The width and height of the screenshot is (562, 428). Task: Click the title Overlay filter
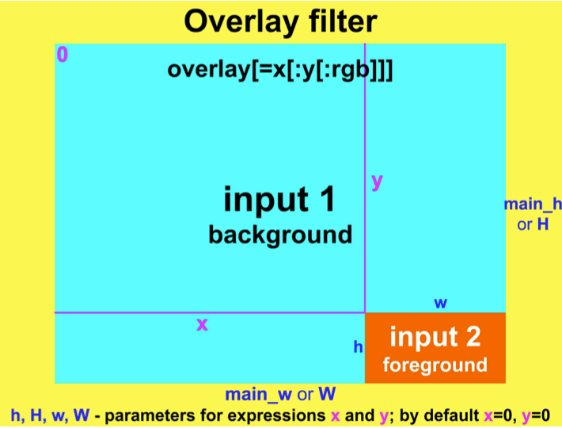click(x=280, y=21)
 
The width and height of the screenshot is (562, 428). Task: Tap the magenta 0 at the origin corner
click(x=63, y=55)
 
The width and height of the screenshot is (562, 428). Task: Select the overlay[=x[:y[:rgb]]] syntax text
click(x=280, y=70)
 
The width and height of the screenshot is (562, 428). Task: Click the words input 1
click(x=279, y=199)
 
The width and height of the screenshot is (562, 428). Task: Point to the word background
click(x=279, y=235)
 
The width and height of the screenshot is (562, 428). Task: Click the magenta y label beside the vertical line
click(x=377, y=182)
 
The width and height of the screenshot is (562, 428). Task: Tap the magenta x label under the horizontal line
click(x=202, y=323)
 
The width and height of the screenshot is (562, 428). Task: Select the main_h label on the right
click(x=533, y=204)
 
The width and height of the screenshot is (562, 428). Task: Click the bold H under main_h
click(x=543, y=224)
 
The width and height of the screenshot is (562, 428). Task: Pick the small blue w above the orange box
click(x=441, y=303)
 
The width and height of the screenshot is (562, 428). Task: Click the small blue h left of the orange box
click(x=358, y=346)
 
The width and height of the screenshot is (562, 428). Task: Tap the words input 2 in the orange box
click(x=435, y=337)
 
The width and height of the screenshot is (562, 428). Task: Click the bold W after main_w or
click(x=326, y=394)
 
